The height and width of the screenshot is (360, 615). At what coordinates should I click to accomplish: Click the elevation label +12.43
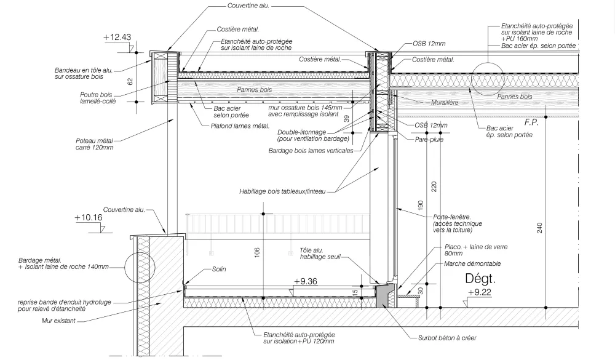coord(117,38)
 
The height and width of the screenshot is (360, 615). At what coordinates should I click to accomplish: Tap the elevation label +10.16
coord(88,217)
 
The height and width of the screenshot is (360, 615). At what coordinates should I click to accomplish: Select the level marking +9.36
coord(306,281)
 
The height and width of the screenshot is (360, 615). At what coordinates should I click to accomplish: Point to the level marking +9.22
coord(479,292)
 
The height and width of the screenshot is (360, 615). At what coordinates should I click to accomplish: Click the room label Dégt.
coord(480,278)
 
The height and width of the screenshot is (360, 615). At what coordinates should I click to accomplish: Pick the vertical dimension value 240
coord(540,228)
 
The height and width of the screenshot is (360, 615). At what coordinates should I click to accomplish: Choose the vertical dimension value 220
coord(434,186)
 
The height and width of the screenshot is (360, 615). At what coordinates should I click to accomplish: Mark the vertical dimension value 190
coord(421,205)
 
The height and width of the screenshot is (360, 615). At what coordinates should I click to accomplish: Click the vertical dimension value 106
coord(257,252)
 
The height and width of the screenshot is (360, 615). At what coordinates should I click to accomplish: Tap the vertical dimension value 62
coord(130,81)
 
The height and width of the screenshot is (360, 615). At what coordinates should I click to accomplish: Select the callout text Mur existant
coord(58,321)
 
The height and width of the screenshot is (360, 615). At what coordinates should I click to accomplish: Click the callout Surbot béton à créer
coord(447,338)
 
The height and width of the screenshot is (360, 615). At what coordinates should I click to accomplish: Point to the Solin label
coord(219,270)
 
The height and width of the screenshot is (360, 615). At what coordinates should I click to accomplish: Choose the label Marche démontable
coord(472,264)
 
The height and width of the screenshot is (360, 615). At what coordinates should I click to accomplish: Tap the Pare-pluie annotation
coord(429,139)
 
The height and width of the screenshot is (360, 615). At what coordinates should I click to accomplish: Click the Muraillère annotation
coord(445,103)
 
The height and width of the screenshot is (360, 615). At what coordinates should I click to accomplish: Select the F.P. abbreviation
coord(531,122)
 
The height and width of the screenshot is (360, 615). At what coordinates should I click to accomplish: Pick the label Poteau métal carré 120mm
coord(95,144)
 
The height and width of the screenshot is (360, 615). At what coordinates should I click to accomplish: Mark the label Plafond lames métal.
coord(240,126)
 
